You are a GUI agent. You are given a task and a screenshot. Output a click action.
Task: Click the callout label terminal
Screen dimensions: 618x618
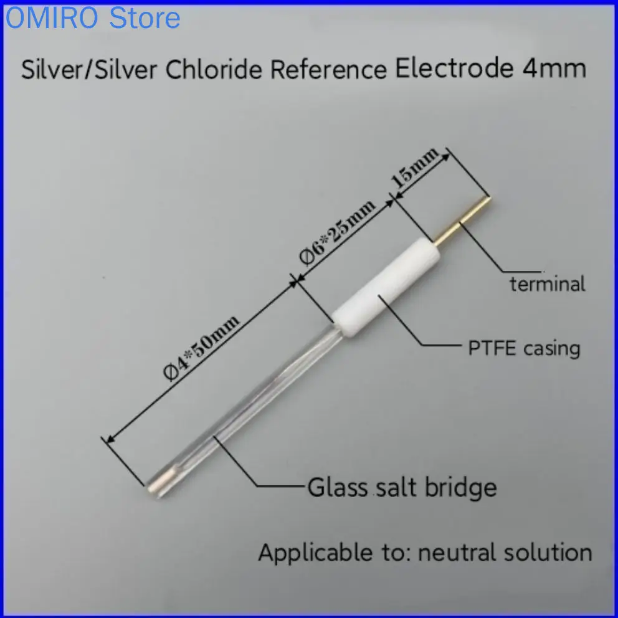coord(548,285)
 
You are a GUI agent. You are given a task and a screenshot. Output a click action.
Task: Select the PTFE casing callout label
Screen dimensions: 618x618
coord(524,348)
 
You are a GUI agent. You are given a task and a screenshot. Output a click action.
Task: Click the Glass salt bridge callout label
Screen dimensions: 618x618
coord(402,487)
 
